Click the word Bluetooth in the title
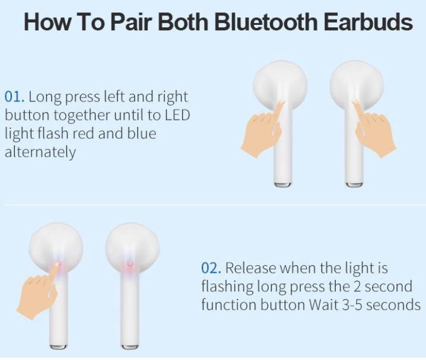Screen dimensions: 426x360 click(x=266, y=22)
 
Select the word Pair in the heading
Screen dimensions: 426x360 click(x=131, y=22)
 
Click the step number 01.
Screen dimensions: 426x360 click(x=14, y=97)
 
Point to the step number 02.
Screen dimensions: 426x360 click(x=211, y=268)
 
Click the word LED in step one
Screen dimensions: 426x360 click(x=177, y=115)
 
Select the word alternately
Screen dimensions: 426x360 click(x=40, y=152)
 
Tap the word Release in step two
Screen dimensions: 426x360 click(x=251, y=268)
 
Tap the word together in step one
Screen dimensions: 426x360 click(x=81, y=116)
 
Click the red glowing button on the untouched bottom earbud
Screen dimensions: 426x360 click(x=130, y=263)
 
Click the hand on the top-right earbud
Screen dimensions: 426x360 click(x=374, y=128)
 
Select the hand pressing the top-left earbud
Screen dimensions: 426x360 click(x=262, y=128)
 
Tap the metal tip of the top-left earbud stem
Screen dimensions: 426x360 click(x=282, y=184)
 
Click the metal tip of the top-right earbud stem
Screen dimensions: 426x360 click(x=354, y=184)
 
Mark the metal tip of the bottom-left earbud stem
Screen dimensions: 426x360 click(x=58, y=347)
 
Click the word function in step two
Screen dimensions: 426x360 click(x=228, y=305)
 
